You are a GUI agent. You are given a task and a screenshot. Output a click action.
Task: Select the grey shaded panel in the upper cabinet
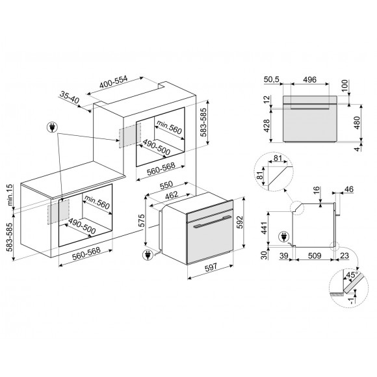[129, 134]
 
